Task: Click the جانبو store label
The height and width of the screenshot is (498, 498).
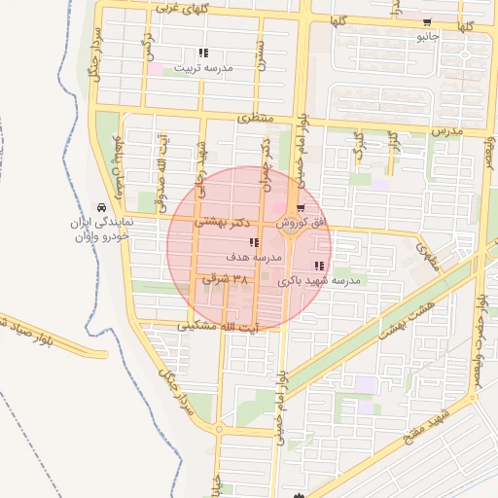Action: pyautogui.click(x=428, y=37)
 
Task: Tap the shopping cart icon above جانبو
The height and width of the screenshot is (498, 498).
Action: pyautogui.click(x=428, y=23)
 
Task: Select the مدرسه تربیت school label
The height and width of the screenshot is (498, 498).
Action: pyautogui.click(x=202, y=68)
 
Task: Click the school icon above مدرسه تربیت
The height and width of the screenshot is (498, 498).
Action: pyautogui.click(x=202, y=53)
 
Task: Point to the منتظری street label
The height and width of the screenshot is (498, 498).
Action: pyautogui.click(x=256, y=117)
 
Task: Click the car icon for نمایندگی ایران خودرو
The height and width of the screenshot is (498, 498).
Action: pyautogui.click(x=101, y=207)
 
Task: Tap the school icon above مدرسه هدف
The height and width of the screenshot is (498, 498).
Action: pyautogui.click(x=253, y=243)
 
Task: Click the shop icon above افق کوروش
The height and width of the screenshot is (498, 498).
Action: pyautogui.click(x=300, y=207)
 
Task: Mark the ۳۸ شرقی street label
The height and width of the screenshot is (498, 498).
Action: pyautogui.click(x=225, y=279)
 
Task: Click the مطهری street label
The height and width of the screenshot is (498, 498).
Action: pyautogui.click(x=429, y=255)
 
